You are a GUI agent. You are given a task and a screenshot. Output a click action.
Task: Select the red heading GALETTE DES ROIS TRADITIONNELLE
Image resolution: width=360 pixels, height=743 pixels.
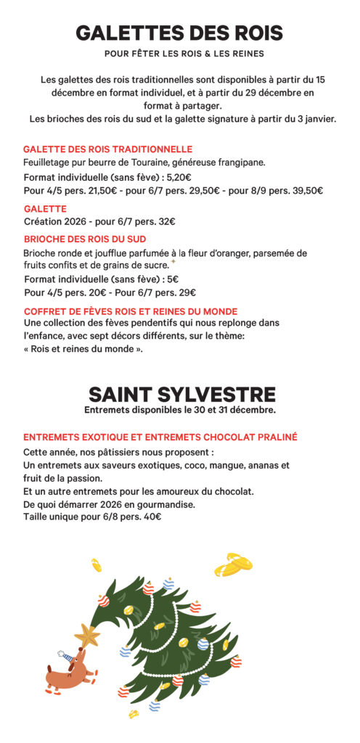click(x=107, y=149)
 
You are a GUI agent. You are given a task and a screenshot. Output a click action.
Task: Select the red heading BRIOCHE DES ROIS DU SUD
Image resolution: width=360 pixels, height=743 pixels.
click(x=84, y=239)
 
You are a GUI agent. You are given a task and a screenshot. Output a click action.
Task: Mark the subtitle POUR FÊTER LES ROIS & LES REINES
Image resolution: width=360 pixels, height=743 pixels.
click(x=179, y=54)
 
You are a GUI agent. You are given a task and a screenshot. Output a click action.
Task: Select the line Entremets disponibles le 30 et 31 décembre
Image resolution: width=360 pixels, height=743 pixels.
click(x=179, y=410)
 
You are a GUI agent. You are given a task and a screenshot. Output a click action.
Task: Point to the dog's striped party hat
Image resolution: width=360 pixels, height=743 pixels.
click(x=67, y=655)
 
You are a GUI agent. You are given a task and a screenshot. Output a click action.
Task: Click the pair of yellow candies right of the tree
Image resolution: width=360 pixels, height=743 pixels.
click(x=234, y=563)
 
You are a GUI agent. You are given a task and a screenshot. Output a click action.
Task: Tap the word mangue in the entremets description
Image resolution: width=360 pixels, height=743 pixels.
click(x=225, y=465)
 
